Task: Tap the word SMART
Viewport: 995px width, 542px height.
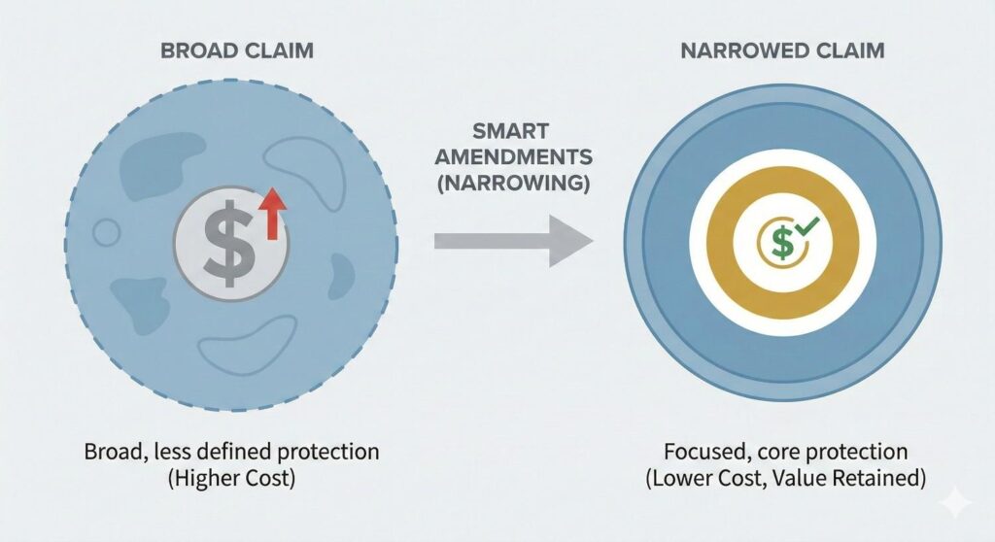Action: click(x=514, y=131)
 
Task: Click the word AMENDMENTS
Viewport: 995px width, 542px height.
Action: click(x=513, y=156)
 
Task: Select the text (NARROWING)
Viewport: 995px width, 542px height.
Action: click(x=513, y=182)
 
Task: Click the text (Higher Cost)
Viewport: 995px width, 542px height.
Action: click(x=230, y=479)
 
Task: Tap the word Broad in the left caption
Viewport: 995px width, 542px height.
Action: click(x=115, y=453)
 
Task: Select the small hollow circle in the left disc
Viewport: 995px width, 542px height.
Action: click(x=106, y=231)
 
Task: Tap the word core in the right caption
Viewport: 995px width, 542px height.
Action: click(x=767, y=453)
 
